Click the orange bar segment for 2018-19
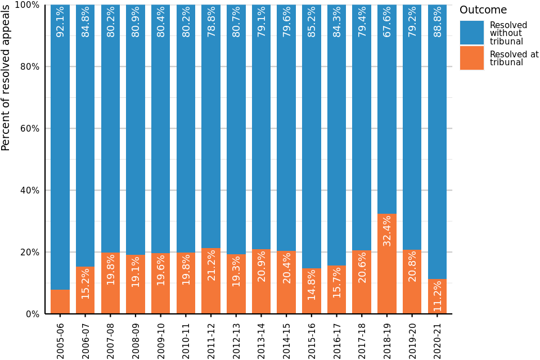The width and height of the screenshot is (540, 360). tap(387, 264)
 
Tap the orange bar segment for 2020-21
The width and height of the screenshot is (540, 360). tap(437, 296)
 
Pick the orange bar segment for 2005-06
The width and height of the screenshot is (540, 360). tap(60, 302)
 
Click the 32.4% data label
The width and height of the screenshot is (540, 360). tap(387, 231)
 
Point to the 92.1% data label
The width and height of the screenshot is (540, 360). tap(60, 21)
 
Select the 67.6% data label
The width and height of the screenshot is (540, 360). tap(387, 21)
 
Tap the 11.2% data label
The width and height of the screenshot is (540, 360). tap(437, 296)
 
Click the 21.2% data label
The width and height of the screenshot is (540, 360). tap(211, 265)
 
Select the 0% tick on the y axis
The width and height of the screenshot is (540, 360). tap(31, 314)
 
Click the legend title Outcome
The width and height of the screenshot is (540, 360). tap(483, 10)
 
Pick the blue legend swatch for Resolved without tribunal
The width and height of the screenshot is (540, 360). tap(471, 33)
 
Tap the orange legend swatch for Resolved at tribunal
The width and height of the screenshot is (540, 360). tap(471, 58)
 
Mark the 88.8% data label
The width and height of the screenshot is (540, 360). tap(437, 21)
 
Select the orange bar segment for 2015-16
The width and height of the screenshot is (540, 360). tap(312, 291)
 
